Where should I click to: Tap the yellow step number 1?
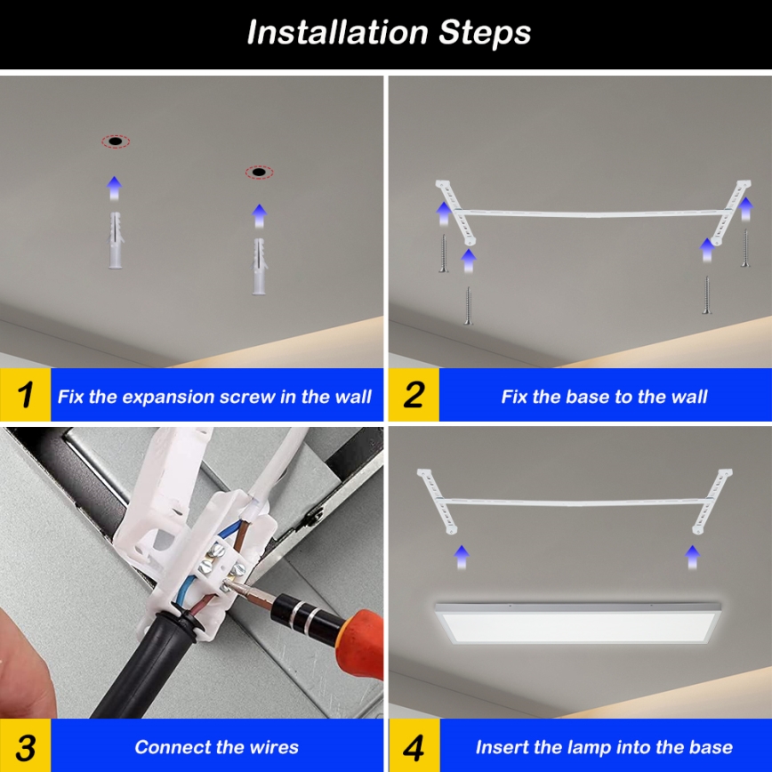pos(25,395)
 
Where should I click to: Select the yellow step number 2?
pos(414,395)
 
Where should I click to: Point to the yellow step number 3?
pos(25,746)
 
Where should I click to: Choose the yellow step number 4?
pos(414,746)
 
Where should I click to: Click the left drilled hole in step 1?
pos(115,141)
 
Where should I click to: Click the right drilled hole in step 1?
pos(259,172)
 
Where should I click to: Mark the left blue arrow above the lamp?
pos(461,557)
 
